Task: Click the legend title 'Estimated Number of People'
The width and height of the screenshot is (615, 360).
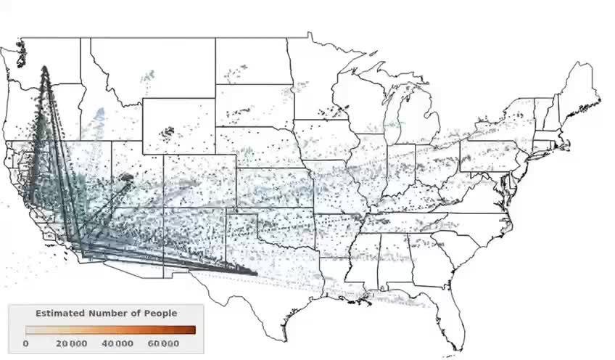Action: click(x=106, y=313)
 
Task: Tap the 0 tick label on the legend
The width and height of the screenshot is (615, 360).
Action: click(x=26, y=343)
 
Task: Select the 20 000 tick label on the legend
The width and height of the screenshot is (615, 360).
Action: click(x=73, y=343)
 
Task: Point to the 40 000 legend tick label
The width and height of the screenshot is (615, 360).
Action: click(x=117, y=343)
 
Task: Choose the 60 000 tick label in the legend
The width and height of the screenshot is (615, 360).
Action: click(x=163, y=343)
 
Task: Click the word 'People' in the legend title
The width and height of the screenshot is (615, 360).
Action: click(x=160, y=313)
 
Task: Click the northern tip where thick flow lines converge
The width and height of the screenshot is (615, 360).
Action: click(x=44, y=68)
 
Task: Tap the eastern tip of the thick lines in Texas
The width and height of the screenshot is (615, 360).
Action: click(x=256, y=274)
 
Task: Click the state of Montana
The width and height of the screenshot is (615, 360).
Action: click(x=152, y=69)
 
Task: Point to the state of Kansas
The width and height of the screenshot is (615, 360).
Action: click(x=272, y=185)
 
